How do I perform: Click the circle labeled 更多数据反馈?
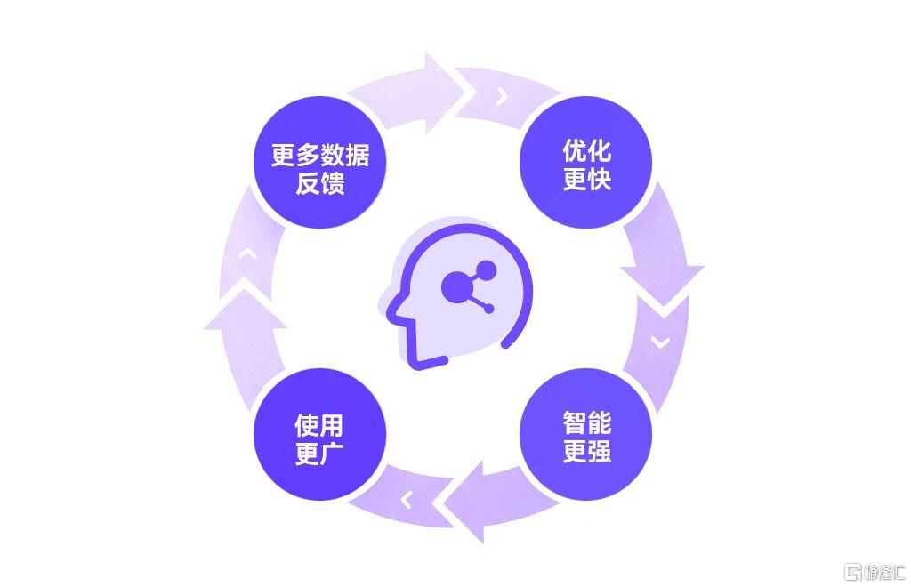[319, 162]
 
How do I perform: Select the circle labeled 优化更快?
[585, 162]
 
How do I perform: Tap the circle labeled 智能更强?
[585, 434]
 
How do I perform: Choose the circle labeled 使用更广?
[319, 434]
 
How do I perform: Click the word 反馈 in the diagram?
[320, 183]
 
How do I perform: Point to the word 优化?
[587, 151]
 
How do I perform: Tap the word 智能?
[587, 422]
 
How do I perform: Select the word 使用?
[319, 426]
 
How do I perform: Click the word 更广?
[319, 454]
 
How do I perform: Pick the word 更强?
[587, 451]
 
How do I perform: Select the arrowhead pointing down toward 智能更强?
[662, 285]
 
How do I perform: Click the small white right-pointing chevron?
[503, 96]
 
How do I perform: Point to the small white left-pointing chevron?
[407, 499]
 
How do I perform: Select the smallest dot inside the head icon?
[488, 309]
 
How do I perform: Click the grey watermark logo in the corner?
[875, 572]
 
